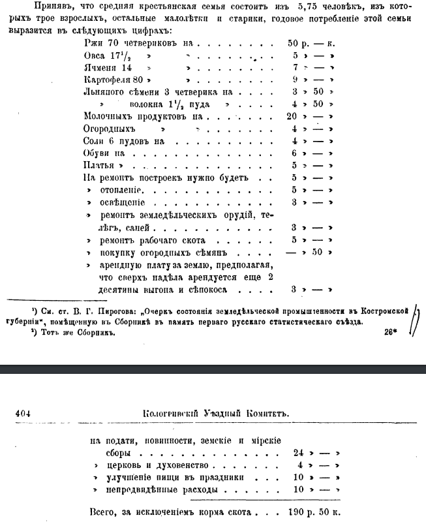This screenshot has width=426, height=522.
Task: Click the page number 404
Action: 22,413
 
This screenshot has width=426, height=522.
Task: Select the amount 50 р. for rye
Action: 298,42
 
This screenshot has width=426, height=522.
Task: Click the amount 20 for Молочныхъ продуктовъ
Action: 293,116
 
